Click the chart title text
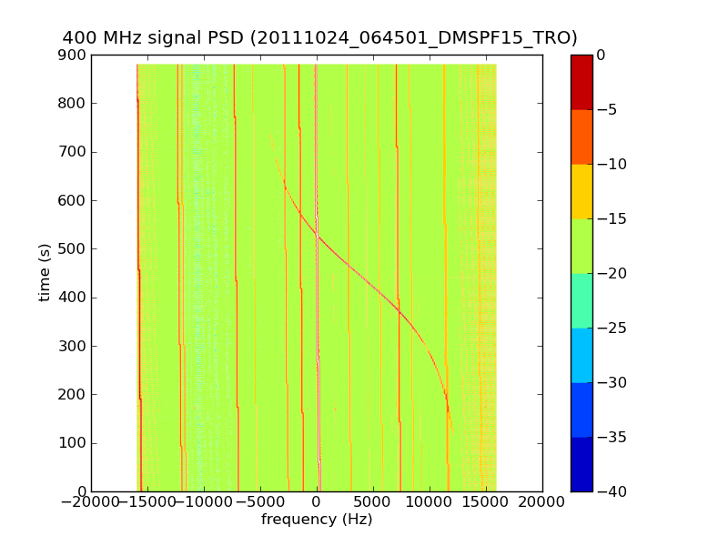point(319,38)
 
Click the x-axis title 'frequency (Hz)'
point(317,520)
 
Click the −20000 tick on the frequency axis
point(91,501)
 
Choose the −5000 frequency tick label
point(260,501)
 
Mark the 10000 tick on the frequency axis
point(430,501)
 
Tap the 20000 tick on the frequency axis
point(542,501)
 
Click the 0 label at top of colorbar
point(601,55)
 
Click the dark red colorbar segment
point(581,82)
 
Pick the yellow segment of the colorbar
point(581,191)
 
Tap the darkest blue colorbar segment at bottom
point(581,464)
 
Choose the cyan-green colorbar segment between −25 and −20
point(581,300)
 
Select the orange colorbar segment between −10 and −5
point(581,136)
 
